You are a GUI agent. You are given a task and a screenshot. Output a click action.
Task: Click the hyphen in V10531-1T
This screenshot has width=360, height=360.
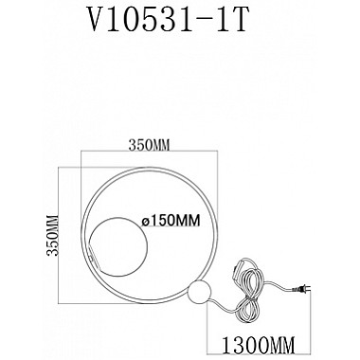click(x=206, y=22)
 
